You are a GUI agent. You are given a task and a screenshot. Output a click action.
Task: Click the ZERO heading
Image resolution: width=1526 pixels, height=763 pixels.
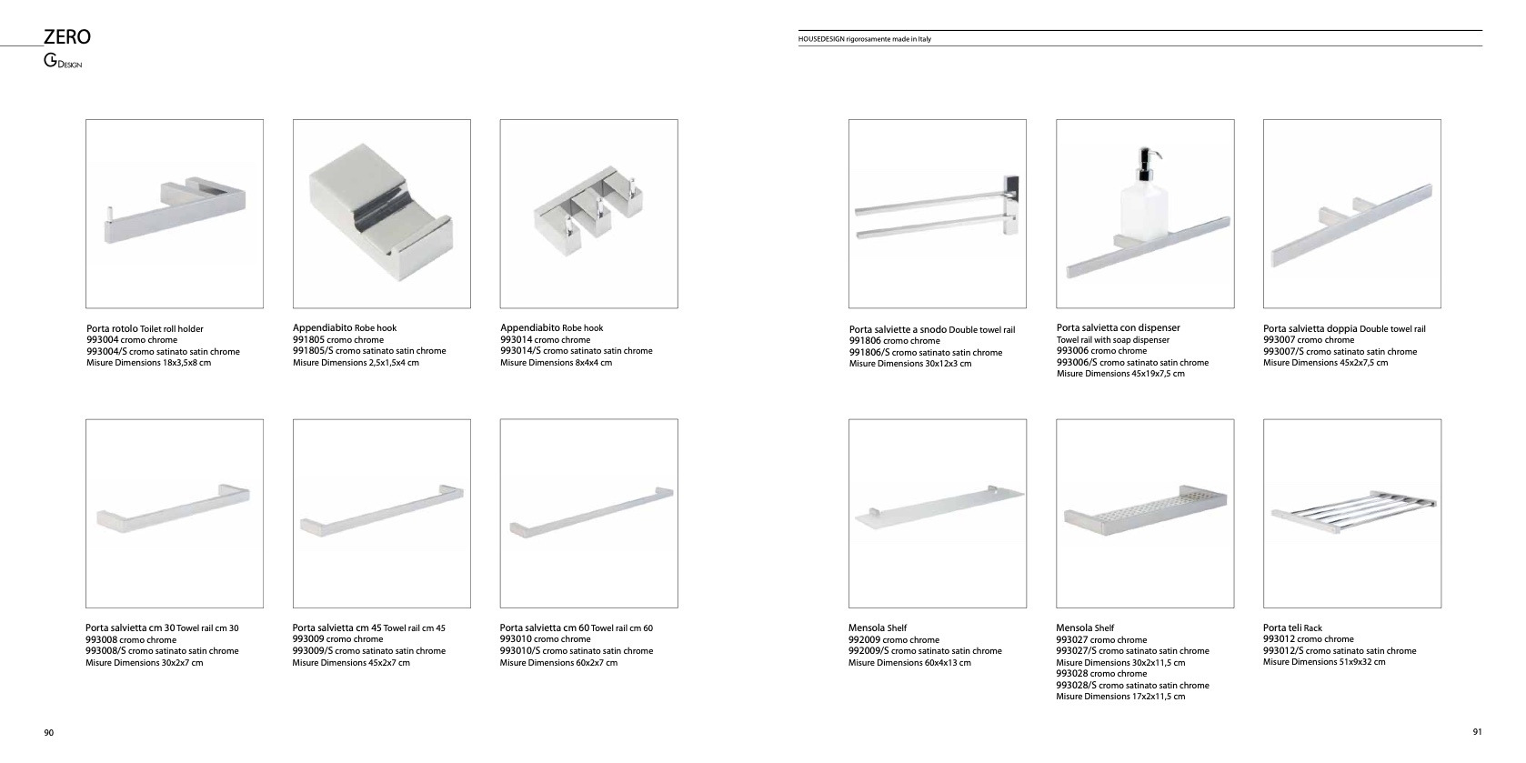66,36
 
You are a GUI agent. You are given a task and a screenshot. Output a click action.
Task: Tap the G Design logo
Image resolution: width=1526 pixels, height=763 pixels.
63,61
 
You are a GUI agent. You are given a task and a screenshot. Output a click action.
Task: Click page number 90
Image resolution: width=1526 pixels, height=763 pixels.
49,733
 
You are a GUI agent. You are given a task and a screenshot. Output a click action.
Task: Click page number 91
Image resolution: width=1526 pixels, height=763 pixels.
1477,732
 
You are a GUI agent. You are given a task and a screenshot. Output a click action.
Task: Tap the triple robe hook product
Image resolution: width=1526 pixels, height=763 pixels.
587,214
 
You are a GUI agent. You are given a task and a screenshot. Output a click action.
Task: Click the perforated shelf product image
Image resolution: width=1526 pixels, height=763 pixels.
1145,510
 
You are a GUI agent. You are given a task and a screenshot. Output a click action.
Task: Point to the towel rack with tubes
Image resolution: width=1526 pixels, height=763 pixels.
1352,510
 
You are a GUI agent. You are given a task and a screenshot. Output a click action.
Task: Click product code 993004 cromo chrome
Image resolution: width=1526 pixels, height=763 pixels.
132,340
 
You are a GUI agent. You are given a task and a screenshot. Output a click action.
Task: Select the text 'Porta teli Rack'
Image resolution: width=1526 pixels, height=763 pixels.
1292,628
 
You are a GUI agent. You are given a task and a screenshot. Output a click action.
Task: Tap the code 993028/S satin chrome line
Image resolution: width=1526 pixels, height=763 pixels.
1132,686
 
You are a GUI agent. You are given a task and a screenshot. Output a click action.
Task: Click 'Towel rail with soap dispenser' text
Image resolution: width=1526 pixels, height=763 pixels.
1112,340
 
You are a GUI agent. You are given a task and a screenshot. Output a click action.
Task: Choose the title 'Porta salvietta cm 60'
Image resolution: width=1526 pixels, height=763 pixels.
545,628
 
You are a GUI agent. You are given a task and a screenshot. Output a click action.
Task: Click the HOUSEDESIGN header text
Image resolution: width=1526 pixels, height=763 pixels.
865,39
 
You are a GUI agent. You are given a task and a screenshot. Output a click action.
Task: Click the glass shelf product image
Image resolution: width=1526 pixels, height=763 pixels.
938,507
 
